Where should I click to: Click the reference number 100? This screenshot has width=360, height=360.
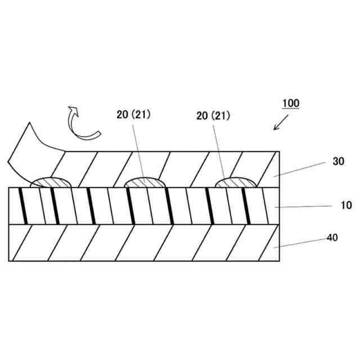click(x=291, y=103)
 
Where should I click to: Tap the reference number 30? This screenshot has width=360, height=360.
click(x=338, y=161)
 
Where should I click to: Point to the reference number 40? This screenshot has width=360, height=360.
click(x=332, y=237)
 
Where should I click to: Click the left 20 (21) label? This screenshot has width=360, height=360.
click(x=133, y=115)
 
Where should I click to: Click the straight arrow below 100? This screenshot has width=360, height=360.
click(x=281, y=123)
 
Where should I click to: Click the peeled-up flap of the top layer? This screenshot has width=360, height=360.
click(x=34, y=149)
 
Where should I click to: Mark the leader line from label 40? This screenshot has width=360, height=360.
click(x=301, y=242)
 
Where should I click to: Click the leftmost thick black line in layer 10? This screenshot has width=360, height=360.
click(x=24, y=206)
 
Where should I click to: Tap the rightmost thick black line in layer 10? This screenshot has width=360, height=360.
click(x=246, y=206)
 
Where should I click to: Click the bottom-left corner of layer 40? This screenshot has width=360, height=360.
click(x=10, y=260)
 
